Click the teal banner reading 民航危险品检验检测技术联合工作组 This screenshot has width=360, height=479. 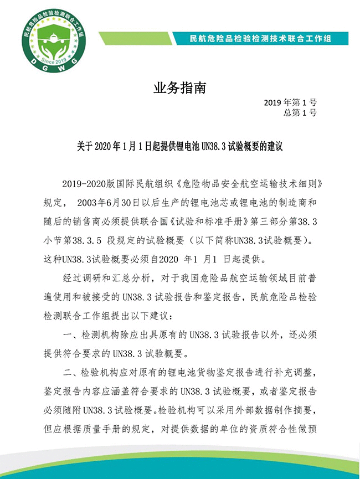[260, 39]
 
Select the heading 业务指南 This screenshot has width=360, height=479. [179, 89]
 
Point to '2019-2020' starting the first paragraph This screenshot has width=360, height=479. [83, 183]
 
